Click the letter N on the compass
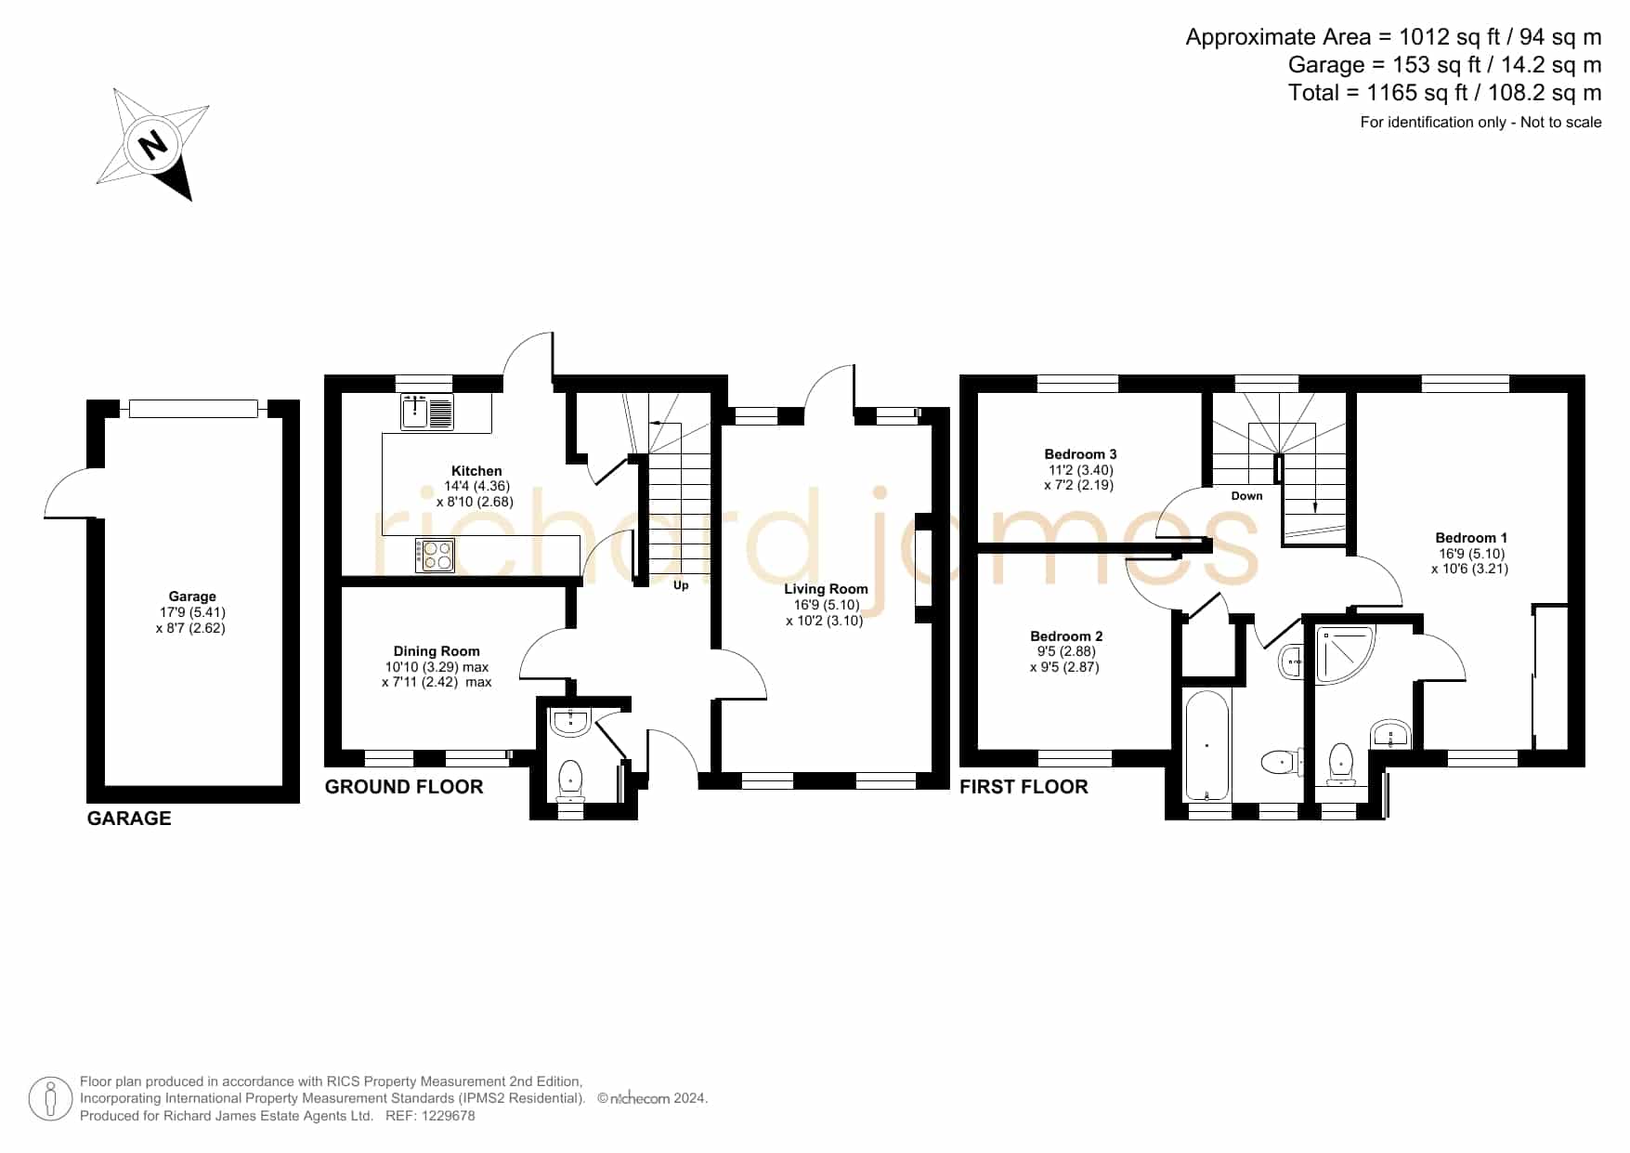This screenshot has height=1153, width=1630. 152,144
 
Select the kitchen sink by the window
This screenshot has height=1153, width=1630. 427,412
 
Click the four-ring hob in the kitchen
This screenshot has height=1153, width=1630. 435,556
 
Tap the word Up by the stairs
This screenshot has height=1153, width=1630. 681,585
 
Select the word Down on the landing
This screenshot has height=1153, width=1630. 1246,496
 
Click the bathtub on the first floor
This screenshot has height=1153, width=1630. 1206,745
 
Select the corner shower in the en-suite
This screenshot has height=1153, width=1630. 1345,655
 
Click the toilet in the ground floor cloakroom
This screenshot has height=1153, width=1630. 569,780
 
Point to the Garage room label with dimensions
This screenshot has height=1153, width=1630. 191,612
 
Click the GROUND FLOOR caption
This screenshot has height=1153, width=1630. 404,787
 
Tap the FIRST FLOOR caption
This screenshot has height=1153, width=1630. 1024,787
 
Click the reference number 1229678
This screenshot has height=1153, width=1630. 450,1116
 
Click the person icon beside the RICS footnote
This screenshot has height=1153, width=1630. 50,1099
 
